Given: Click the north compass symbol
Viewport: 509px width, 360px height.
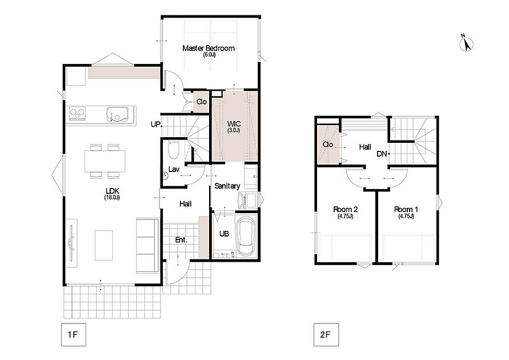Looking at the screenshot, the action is coord(467,43).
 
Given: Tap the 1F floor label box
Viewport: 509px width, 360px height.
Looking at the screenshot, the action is coord(73,335).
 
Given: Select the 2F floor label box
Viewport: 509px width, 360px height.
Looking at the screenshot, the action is coord(326,335).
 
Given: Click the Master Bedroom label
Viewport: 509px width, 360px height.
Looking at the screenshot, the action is coord(209,49).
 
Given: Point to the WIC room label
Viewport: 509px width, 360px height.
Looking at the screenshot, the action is coord(234,123).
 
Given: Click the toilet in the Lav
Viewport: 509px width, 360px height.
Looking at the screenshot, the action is coord(174,150).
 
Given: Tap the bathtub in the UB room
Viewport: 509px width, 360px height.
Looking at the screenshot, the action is coord(246,236).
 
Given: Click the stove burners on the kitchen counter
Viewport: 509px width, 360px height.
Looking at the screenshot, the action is coord(78,114).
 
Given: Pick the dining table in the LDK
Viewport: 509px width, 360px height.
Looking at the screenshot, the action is coord(105,161).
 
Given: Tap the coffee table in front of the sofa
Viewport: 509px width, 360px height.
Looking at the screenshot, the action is coord(104,245).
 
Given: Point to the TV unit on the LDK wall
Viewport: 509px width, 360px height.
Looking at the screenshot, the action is coord(72,243).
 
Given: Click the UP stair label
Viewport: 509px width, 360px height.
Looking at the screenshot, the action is coord(155,125).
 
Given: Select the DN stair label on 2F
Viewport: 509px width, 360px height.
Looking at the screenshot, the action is coord(382,154).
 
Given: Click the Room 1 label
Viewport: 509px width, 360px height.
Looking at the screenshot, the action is coord(406,209).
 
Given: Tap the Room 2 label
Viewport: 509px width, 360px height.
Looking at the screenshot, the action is coord(346,209).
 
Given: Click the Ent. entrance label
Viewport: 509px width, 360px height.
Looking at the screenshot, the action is coord(182,240).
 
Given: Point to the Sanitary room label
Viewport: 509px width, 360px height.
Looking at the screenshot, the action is coord(227,186).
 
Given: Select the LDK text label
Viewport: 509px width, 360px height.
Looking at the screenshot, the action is coord(113,191).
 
